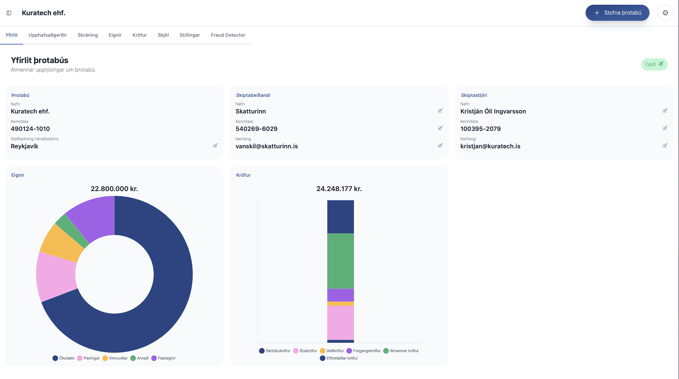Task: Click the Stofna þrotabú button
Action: coord(617,13)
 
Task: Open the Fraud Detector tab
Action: coord(228,35)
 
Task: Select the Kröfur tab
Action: coord(139,35)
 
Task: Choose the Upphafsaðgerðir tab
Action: coord(47,35)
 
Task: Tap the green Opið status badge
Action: coord(654,64)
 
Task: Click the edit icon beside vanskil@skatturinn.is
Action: coord(440,145)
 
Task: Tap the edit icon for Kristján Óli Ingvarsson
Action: coord(665,111)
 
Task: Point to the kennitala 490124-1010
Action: coord(30,129)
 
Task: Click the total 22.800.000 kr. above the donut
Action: coord(114,189)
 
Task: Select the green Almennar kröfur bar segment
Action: coord(340,261)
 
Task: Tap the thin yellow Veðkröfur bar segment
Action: coord(340,304)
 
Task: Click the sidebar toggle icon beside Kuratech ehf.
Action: coord(9,13)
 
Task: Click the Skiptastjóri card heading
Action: coord(474,95)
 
